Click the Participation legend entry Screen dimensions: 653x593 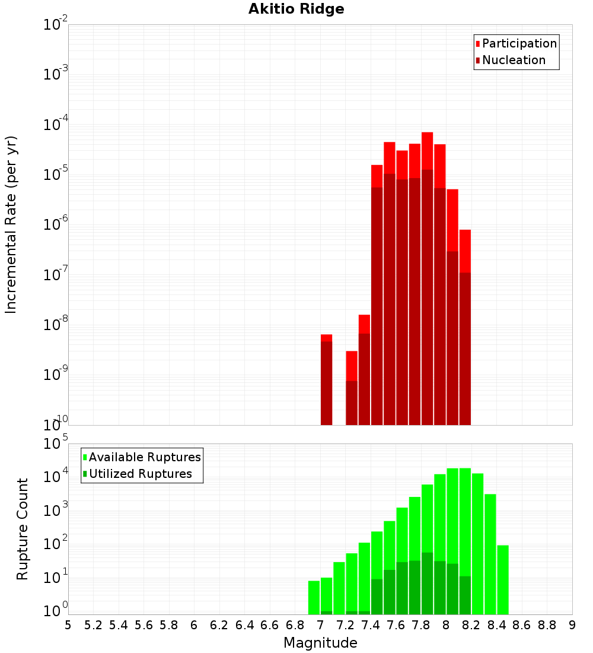pos(519,43)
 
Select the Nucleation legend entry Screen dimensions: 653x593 pos(513,60)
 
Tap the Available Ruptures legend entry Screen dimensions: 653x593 pos(144,457)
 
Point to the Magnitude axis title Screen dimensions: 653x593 pos(320,643)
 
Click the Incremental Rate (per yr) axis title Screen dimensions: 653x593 pos(11,224)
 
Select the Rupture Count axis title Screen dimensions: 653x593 pos(23,529)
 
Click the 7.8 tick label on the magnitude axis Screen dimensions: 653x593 pos(421,625)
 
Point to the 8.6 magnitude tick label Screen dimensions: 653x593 pos(522,625)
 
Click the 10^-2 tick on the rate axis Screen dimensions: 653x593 pos(56,25)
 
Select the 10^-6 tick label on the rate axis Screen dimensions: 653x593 pos(56,224)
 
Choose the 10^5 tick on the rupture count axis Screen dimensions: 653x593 pos(56,444)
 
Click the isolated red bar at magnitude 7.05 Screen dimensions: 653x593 pos(326,380)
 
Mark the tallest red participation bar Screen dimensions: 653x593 pos(427,273)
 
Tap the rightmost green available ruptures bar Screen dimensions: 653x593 pos(503,579)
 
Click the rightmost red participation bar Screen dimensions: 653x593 pos(465,326)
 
